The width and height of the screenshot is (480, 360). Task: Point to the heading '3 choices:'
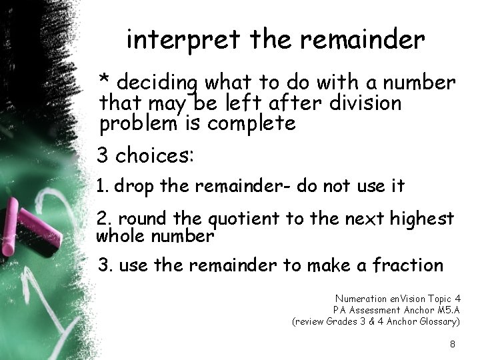click(145, 157)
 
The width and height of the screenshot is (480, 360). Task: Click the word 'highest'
click(422, 219)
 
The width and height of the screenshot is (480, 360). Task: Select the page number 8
click(453, 344)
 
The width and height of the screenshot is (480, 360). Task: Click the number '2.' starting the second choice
click(103, 219)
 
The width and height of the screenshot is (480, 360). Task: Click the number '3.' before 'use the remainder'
click(104, 265)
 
